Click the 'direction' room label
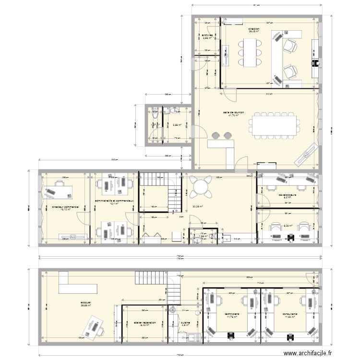coord(253,29)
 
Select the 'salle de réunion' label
coord(234,112)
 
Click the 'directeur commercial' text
coord(65,207)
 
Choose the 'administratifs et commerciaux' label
coord(114,201)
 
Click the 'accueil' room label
coord(86,303)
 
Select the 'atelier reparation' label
coord(145,323)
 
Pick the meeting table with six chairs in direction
coord(250,51)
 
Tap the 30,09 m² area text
coord(197,207)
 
